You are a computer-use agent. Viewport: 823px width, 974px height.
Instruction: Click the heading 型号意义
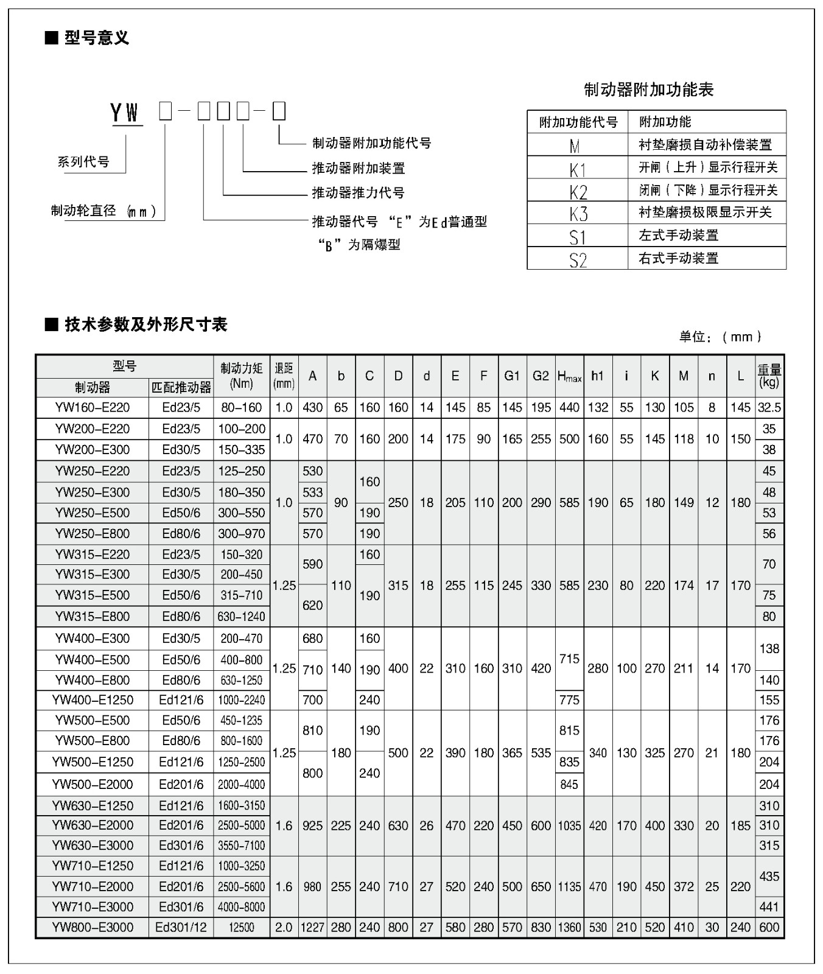pos(96,38)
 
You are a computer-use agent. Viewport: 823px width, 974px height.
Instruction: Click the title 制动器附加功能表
pos(648,90)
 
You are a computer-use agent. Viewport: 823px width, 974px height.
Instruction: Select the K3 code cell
pos(578,213)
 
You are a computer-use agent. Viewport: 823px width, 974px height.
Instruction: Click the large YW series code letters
pos(125,113)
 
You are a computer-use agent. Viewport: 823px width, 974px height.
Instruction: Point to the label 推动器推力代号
pos(358,193)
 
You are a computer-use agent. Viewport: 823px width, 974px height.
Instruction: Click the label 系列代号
pos(83,162)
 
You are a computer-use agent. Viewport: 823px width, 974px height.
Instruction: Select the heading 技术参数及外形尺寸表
pos(145,324)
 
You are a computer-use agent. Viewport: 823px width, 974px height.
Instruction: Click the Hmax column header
pos(569,376)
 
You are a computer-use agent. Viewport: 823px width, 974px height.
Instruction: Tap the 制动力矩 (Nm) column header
pos(242,376)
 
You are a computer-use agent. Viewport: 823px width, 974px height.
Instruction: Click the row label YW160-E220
pos(93,407)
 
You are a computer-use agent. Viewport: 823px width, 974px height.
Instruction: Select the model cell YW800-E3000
pos(93,927)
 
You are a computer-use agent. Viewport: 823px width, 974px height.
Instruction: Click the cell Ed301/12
pos(181,927)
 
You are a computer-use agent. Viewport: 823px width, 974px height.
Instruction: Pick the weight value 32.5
pos(769,407)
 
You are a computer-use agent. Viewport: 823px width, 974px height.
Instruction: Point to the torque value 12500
pos(242,927)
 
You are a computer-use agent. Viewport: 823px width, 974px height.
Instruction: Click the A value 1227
pos(312,927)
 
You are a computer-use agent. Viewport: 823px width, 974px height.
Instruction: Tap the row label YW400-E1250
pos(93,700)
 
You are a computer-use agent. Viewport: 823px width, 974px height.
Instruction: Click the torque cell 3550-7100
pos(242,846)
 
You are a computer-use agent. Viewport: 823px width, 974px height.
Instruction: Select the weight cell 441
pos(769,906)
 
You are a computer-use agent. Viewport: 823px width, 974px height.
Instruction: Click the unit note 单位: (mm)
pos(720,337)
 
